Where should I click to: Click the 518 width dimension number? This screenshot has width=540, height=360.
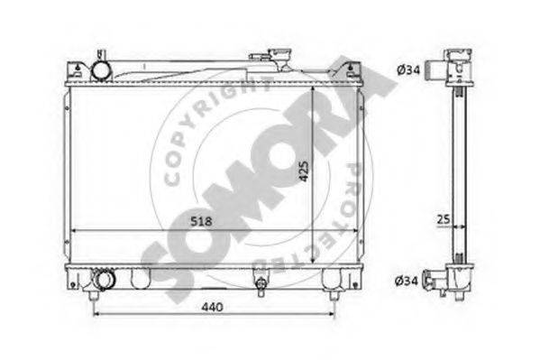[x=201, y=221]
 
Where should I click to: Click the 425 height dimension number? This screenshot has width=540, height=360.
[x=304, y=171]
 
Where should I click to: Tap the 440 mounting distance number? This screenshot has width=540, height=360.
[x=213, y=307]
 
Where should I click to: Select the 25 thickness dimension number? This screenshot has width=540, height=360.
[x=444, y=219]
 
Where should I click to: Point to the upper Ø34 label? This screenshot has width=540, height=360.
[x=408, y=70]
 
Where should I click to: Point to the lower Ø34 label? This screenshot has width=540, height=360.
[x=407, y=281]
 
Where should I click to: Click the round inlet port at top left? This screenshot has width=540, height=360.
[x=101, y=70]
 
